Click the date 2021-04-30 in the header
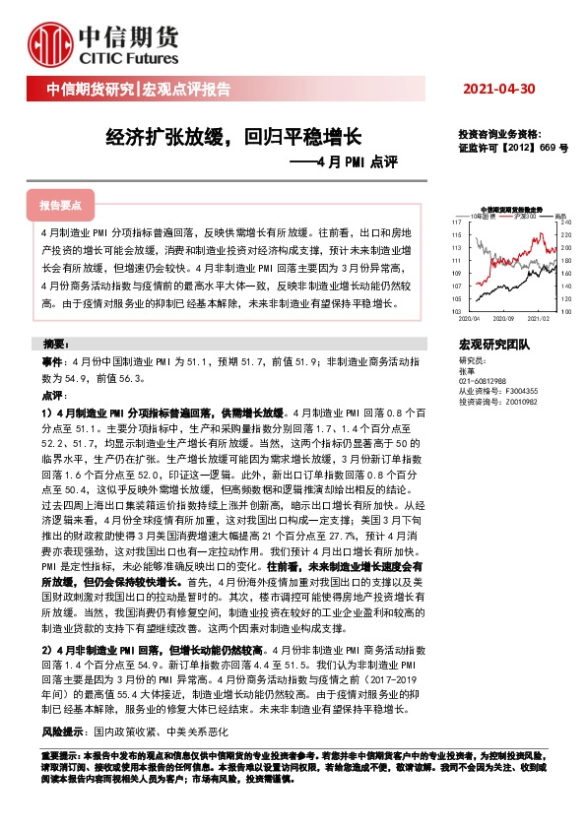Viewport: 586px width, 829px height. click(x=499, y=89)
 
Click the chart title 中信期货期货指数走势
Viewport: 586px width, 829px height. click(x=505, y=209)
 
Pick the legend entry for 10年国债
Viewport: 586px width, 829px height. click(x=484, y=216)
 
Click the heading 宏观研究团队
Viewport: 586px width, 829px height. click(x=493, y=345)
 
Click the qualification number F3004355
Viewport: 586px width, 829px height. click(x=521, y=391)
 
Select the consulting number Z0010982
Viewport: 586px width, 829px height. click(x=520, y=402)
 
